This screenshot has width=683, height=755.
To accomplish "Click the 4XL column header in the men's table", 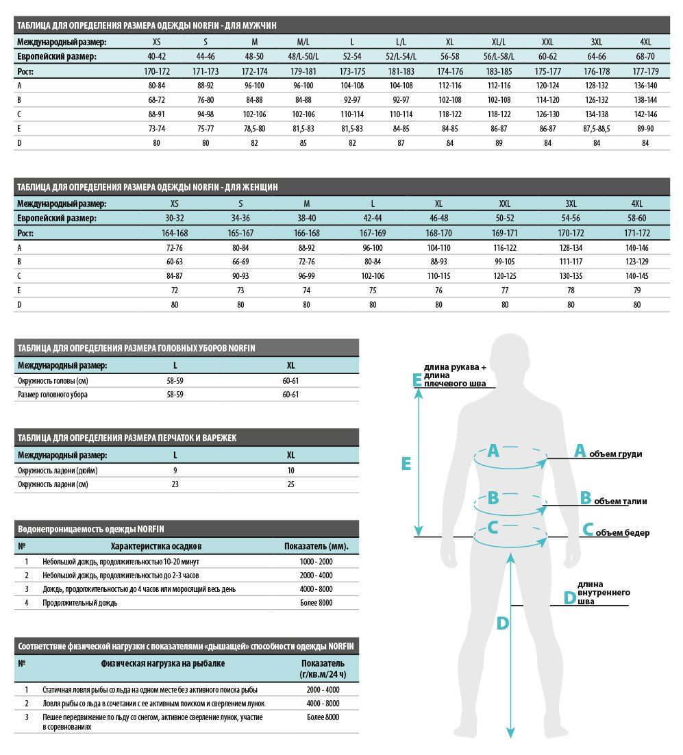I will (644, 42).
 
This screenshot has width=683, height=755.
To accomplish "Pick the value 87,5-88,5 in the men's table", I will (595, 128).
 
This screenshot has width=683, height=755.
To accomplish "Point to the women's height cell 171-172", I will (637, 233).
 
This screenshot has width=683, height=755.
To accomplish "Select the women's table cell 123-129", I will (637, 262).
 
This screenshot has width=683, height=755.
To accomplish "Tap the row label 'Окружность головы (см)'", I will (53, 380).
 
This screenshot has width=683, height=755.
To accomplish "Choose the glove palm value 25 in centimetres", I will (291, 484).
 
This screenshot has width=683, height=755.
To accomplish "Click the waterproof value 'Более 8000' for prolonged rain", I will (316, 603).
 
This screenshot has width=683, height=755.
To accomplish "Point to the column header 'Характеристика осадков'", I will (156, 546).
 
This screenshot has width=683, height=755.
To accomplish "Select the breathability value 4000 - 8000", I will (323, 703).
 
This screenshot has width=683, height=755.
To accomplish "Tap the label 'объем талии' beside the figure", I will (620, 502).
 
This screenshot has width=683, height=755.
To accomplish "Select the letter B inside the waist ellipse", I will (493, 499).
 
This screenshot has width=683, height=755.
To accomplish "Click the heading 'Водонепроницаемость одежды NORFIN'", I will (90, 529).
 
